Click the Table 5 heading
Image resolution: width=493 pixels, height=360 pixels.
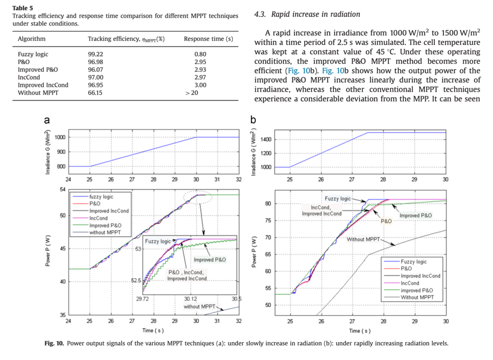23,8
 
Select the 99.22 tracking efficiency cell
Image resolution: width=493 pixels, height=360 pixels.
96,54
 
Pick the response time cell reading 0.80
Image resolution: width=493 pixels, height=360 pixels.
200,54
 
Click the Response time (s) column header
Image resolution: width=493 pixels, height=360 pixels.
208,39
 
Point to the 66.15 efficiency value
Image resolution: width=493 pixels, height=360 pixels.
95,93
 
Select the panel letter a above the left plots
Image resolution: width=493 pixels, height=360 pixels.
46,120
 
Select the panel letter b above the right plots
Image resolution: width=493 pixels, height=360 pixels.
253,120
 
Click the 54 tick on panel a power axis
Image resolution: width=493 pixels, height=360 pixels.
62,190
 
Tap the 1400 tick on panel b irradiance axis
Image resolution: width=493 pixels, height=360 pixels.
266,140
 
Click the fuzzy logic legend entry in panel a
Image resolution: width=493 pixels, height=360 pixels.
102,197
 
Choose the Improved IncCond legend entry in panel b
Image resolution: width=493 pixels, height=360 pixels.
421,276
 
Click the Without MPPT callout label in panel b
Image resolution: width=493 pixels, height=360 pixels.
363,239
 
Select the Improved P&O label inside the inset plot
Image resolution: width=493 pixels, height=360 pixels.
210,259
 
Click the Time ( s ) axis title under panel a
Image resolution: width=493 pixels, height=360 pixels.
153,330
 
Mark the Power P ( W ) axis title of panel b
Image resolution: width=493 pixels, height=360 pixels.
254,252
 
